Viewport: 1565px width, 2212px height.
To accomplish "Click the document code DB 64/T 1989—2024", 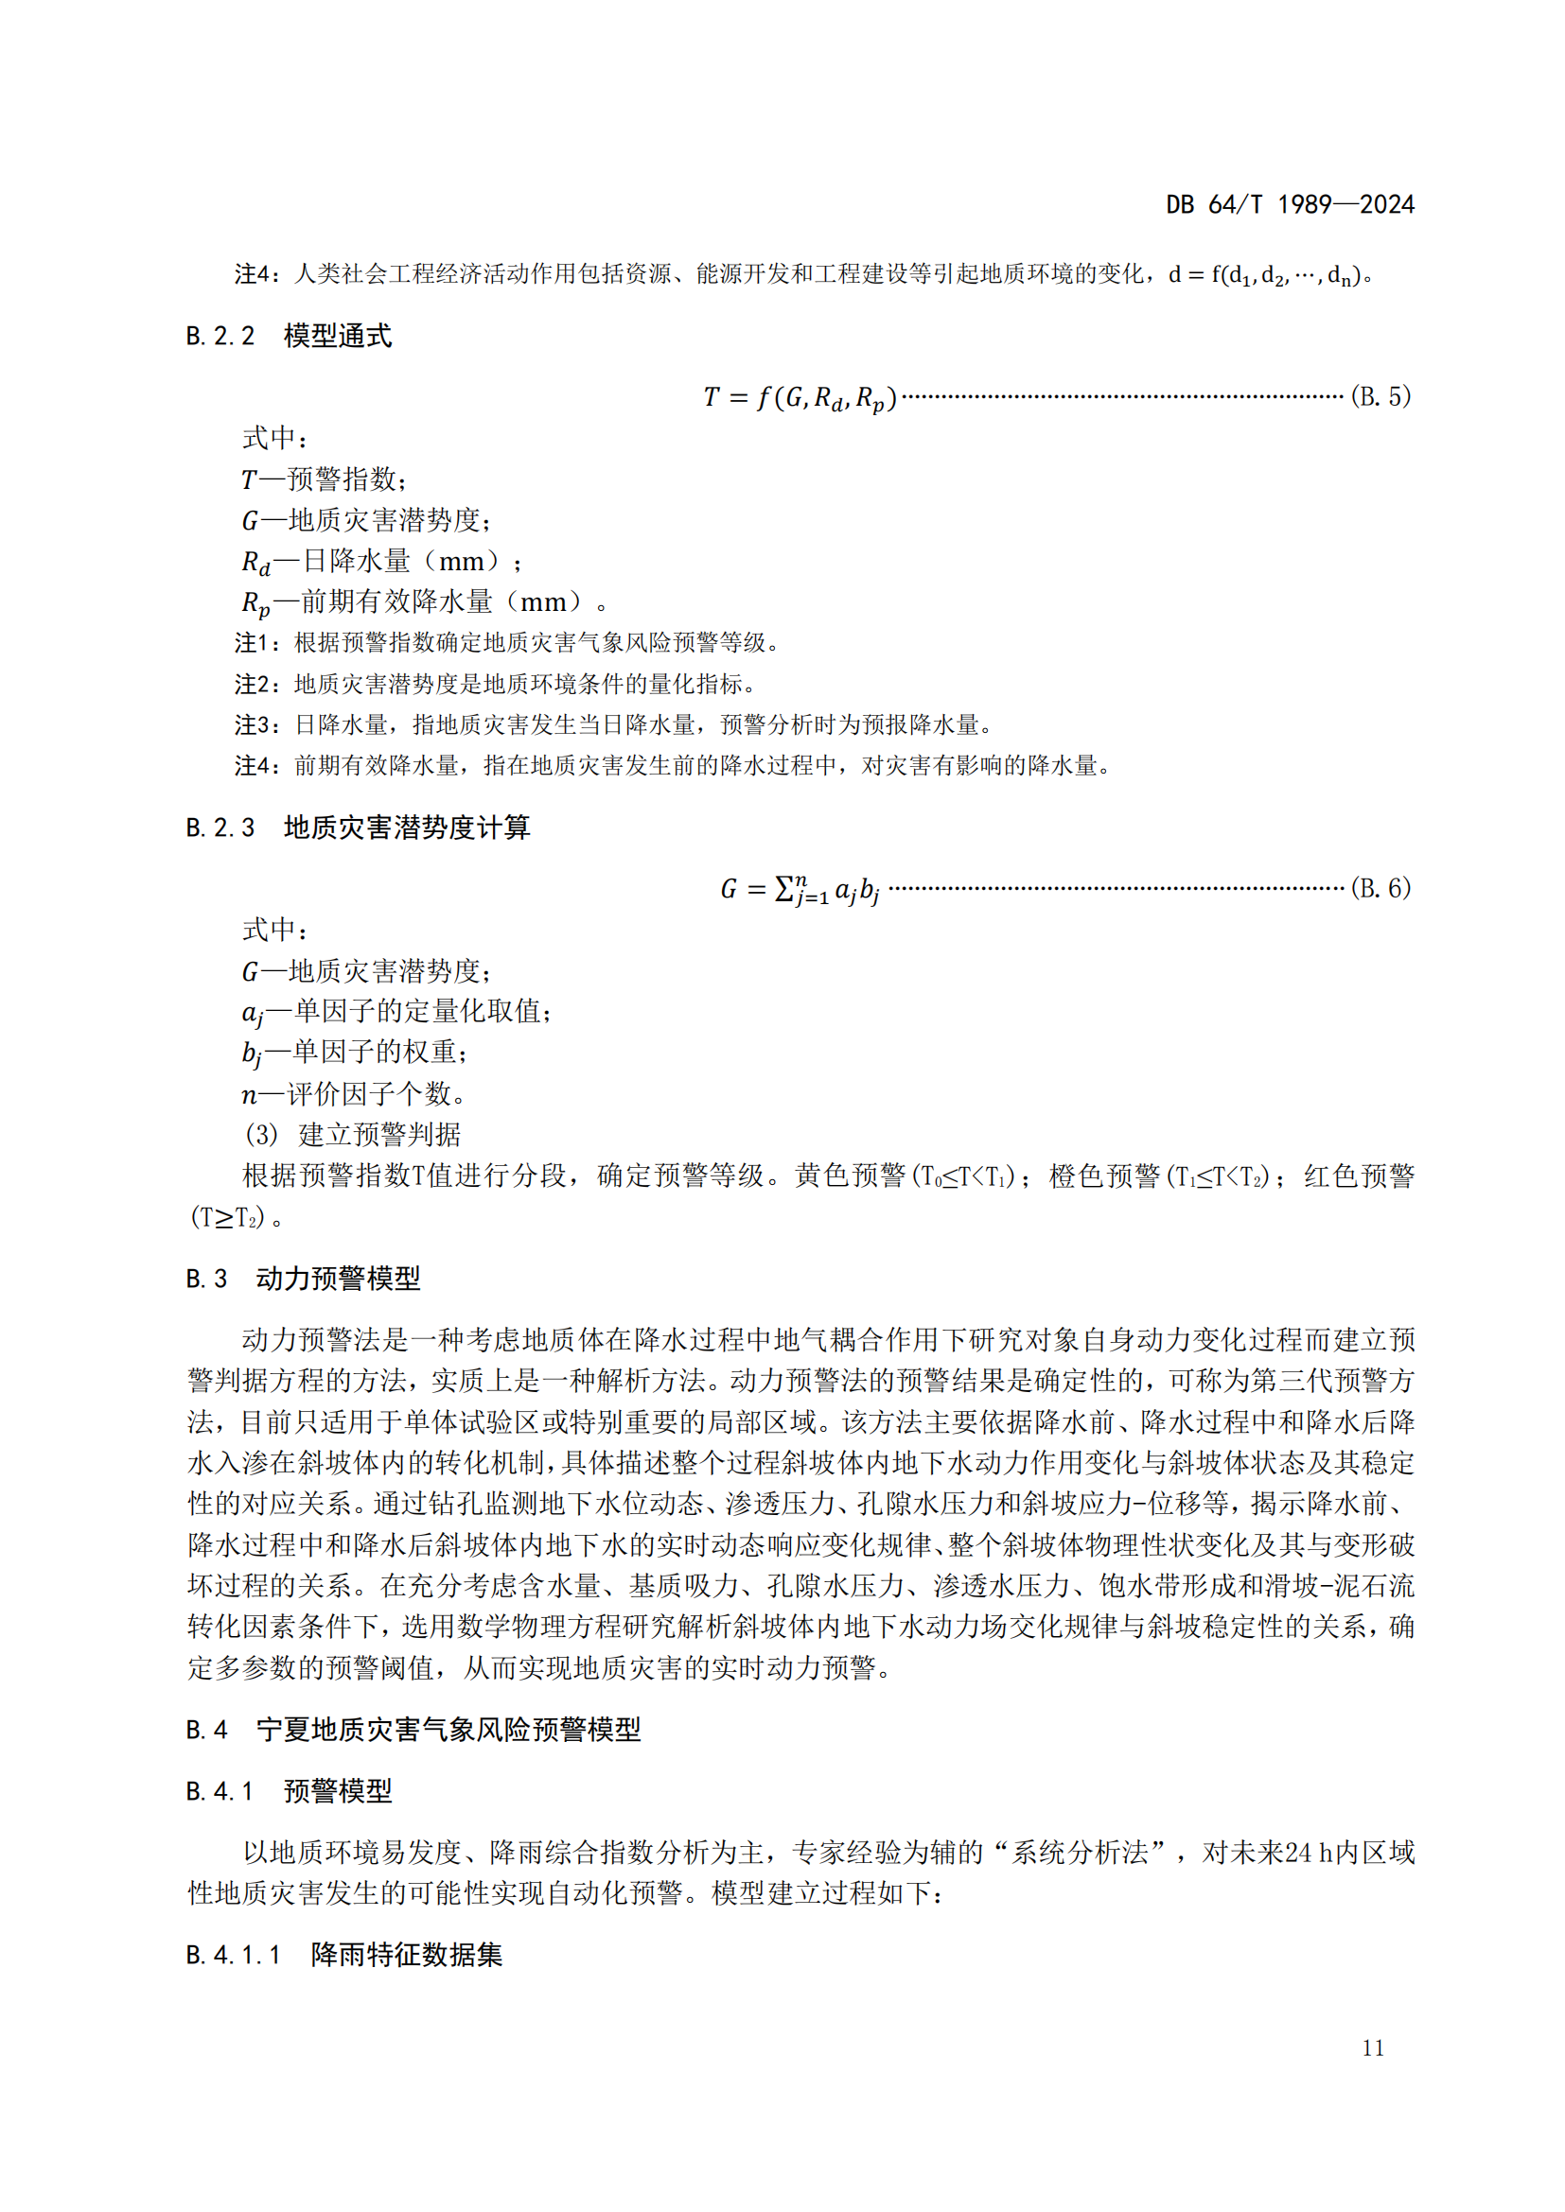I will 1290,204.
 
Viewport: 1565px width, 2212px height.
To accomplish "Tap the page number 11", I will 1373,2048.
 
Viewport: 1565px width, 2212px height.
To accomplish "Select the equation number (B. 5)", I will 1380,396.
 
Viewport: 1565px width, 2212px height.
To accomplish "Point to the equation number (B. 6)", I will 1380,887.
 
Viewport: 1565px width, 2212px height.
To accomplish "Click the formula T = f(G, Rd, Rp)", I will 800,397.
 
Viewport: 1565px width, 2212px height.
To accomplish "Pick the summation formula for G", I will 799,889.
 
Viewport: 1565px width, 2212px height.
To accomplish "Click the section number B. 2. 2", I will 220,337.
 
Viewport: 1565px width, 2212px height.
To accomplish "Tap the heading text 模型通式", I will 337,337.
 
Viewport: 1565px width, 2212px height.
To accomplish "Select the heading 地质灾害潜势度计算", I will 407,827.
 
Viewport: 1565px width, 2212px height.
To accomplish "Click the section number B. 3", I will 206,1279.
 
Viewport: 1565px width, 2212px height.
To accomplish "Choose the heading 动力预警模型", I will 338,1279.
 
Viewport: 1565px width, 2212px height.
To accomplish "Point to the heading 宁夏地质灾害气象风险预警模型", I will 448,1730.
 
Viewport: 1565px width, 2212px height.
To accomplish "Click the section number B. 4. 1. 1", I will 233,1955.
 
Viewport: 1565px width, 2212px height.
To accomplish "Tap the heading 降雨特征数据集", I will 407,1955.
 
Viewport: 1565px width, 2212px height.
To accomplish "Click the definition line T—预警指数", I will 325,479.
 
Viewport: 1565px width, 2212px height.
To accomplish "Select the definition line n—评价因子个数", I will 354,1093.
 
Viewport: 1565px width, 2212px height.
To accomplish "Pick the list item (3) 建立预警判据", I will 353,1135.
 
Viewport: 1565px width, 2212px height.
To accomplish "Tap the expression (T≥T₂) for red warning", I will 227,1218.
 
